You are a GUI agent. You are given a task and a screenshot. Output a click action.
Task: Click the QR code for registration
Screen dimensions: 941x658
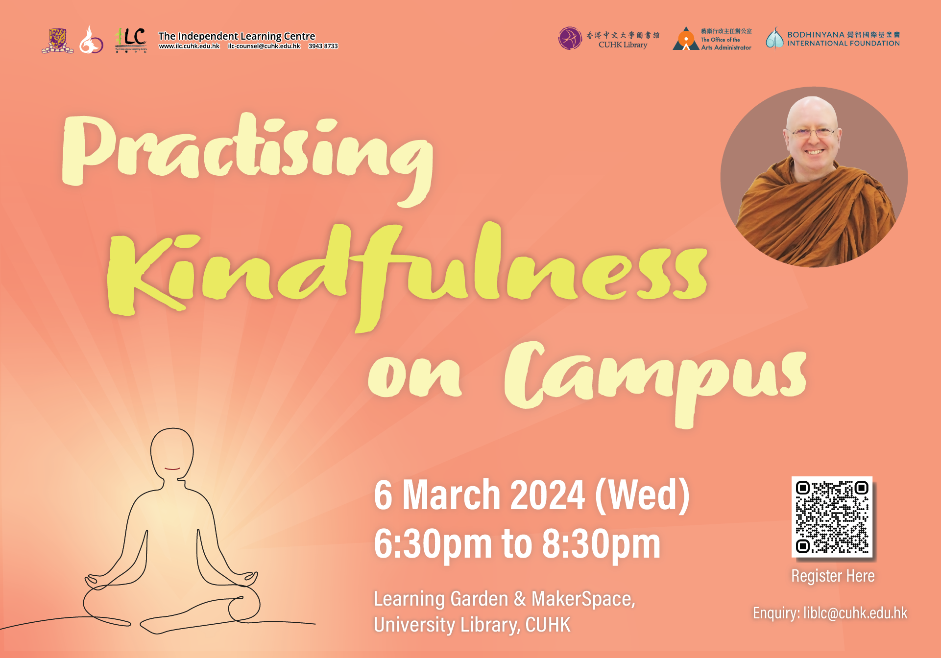tap(832, 517)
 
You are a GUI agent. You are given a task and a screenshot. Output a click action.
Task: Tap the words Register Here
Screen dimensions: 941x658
tap(833, 576)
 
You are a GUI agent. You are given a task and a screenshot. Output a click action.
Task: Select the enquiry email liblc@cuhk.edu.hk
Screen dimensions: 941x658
tap(855, 613)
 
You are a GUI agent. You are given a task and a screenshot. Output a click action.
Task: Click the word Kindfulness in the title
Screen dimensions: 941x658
tap(407, 274)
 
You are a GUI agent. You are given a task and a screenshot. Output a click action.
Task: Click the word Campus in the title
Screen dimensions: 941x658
tap(655, 382)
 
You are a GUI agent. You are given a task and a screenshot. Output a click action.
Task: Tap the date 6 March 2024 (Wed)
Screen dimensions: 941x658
tap(531, 495)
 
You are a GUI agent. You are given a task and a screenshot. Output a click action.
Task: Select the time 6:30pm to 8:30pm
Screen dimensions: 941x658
tap(517, 544)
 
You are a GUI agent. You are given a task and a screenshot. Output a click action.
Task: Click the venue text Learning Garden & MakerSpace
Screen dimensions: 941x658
tap(504, 599)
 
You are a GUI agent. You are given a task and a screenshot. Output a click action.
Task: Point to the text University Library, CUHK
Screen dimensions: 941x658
tap(472, 625)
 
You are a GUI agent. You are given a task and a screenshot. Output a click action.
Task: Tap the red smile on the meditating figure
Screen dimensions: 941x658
tap(172, 469)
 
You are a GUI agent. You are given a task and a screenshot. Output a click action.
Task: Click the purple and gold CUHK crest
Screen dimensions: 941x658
tap(58, 41)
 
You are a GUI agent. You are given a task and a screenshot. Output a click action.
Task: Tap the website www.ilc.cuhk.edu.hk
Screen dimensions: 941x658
tap(189, 46)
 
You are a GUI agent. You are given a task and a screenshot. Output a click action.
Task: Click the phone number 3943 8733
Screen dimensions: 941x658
tap(323, 46)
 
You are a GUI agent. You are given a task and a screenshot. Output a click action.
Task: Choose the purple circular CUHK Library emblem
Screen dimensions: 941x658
tap(570, 38)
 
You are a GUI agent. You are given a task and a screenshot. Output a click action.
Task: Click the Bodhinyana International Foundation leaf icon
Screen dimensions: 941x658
tap(775, 38)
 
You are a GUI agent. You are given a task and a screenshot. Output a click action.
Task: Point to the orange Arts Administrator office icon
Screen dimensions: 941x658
tap(686, 39)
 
